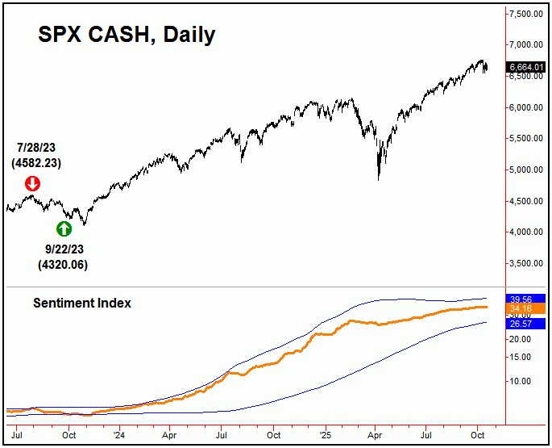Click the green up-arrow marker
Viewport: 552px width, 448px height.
click(64, 228)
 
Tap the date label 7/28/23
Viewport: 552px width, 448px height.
click(39, 149)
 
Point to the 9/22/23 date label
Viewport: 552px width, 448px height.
click(63, 250)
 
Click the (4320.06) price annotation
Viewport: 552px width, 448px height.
click(63, 265)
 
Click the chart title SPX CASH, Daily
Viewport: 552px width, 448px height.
click(127, 35)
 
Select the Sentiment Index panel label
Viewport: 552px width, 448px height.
click(81, 304)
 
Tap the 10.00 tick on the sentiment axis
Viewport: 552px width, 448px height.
click(520, 381)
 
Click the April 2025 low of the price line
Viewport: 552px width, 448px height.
click(379, 178)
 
